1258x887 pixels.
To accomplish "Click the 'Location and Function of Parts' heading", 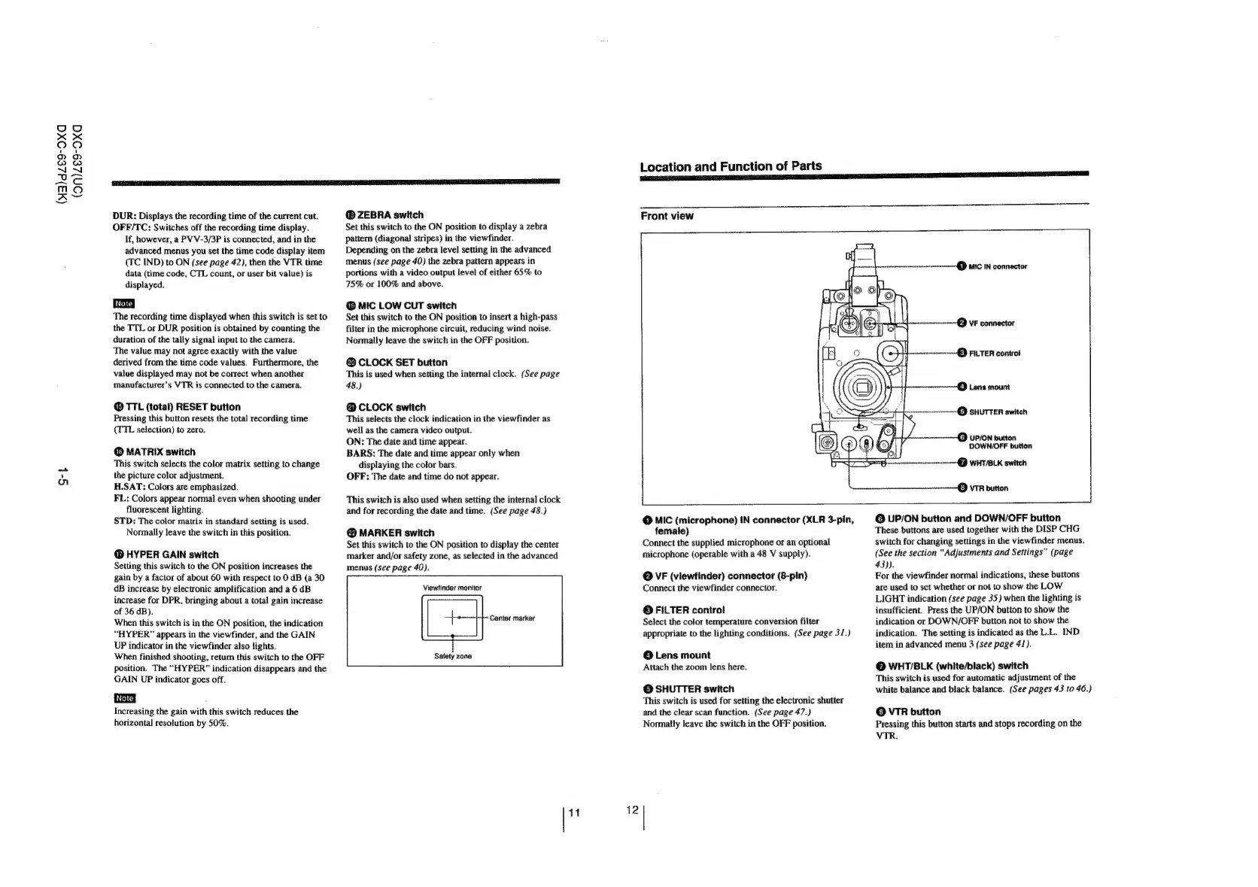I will click(x=730, y=166).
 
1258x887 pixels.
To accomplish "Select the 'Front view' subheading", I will click(x=667, y=216).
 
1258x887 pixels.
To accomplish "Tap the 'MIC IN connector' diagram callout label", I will click(x=997, y=266).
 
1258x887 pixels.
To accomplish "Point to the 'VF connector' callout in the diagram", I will click(x=991, y=324).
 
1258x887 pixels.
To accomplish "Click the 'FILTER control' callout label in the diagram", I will click(x=994, y=353).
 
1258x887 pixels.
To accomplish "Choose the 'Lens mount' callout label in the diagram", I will click(x=989, y=387).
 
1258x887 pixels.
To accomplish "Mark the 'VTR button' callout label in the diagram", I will click(x=988, y=488).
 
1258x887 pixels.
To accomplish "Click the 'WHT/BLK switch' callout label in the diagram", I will click(x=997, y=463).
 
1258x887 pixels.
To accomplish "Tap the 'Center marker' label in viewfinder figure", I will click(x=512, y=618).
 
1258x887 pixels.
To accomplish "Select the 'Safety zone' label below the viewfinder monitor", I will click(x=453, y=656).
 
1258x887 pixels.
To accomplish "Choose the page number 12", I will click(x=632, y=810).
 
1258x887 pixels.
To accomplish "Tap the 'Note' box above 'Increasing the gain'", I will click(x=123, y=699).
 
